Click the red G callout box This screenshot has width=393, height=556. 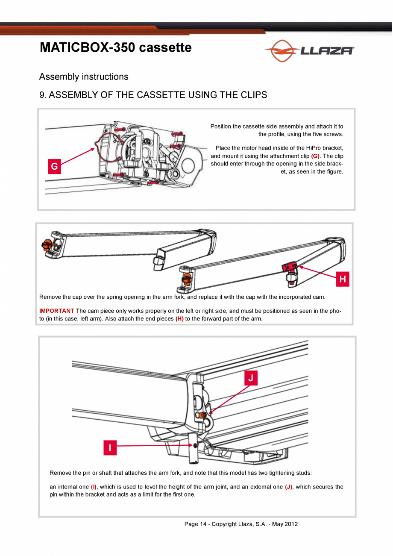click(54, 167)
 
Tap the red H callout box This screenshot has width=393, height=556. click(342, 279)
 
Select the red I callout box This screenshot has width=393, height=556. click(110, 447)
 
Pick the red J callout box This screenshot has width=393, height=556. click(251, 378)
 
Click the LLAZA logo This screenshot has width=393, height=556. click(309, 51)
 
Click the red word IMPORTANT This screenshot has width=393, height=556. click(57, 311)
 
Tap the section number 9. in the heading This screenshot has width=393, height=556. click(43, 95)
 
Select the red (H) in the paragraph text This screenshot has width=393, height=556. click(179, 319)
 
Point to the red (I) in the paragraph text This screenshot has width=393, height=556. click(94, 487)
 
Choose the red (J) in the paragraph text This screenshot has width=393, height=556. click(288, 487)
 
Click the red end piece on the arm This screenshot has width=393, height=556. click(290, 268)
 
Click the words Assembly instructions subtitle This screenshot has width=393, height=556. click(84, 77)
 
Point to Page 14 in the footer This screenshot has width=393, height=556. click(196, 524)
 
